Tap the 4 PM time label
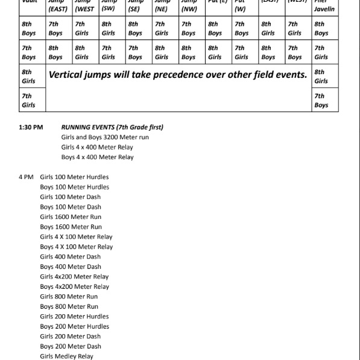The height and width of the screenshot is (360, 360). [x=27, y=177]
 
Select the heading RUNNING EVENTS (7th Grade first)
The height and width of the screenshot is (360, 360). [x=112, y=127]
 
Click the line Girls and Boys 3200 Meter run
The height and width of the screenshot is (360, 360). [x=105, y=137]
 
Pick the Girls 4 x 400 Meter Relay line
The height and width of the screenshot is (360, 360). [x=97, y=147]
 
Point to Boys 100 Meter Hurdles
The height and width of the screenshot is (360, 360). [x=75, y=187]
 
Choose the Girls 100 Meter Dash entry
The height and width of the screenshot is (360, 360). [x=71, y=197]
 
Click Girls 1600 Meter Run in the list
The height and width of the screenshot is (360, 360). [x=71, y=217]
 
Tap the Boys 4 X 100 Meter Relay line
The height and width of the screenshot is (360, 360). [x=77, y=247]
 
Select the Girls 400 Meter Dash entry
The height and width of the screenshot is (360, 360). [x=71, y=257]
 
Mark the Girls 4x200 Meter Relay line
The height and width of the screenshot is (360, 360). [x=75, y=277]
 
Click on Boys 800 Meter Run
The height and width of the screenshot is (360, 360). [x=69, y=306]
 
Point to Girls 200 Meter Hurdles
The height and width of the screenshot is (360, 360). [x=75, y=317]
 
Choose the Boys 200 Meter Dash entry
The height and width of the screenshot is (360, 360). [x=71, y=346]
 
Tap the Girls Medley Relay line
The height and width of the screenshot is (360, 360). [x=67, y=356]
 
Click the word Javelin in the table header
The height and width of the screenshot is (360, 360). [x=324, y=9]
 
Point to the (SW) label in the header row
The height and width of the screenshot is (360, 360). [x=108, y=9]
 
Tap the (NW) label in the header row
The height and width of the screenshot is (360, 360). [x=188, y=9]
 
